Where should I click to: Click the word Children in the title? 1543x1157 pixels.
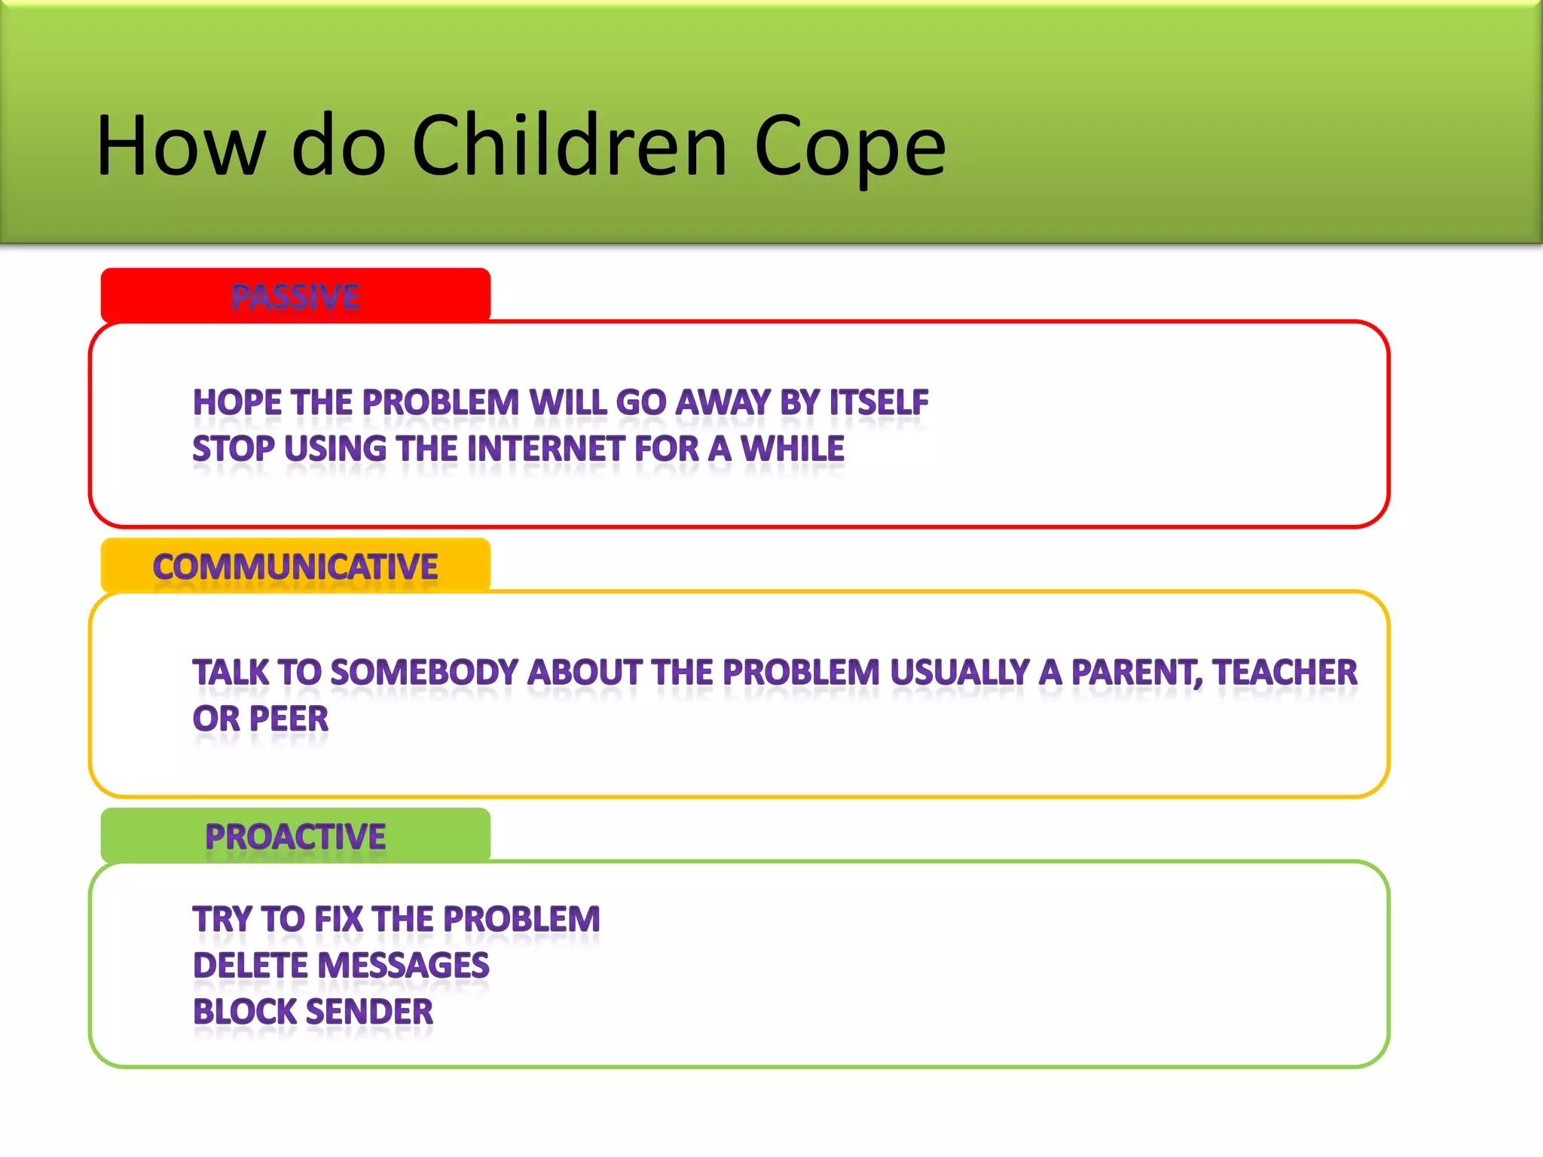(x=570, y=146)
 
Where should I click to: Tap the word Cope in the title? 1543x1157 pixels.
(x=849, y=148)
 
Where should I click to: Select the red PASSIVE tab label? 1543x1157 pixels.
(x=295, y=296)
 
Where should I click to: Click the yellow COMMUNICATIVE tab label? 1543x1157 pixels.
(x=295, y=566)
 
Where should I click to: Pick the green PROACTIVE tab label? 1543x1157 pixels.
(x=295, y=837)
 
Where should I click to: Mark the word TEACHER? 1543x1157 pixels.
(x=1285, y=673)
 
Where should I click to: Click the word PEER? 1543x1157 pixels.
(x=289, y=719)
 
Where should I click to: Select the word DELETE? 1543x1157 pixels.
(x=247, y=966)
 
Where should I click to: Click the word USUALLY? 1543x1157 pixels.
(x=960, y=673)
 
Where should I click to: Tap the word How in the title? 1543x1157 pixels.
(x=181, y=146)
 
